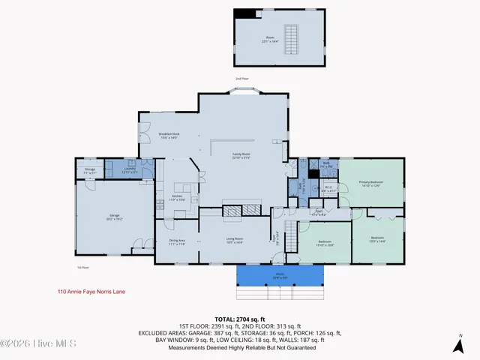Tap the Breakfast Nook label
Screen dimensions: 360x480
tap(168, 136)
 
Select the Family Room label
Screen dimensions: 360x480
tap(241, 155)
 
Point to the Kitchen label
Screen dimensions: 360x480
tap(177, 199)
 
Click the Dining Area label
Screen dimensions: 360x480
tap(176, 241)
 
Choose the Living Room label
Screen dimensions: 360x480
tap(235, 241)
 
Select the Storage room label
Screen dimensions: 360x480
tap(89, 171)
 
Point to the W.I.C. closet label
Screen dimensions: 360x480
tap(328, 189)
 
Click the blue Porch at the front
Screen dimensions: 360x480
tap(277, 276)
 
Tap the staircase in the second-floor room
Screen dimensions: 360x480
tap(294, 37)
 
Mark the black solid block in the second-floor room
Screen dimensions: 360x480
tap(244, 14)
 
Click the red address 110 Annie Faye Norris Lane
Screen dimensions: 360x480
tap(91, 292)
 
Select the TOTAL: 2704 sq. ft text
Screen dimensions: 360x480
tap(239, 319)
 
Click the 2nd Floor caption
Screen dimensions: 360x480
tap(241, 78)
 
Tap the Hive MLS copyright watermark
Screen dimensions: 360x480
tap(31, 343)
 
